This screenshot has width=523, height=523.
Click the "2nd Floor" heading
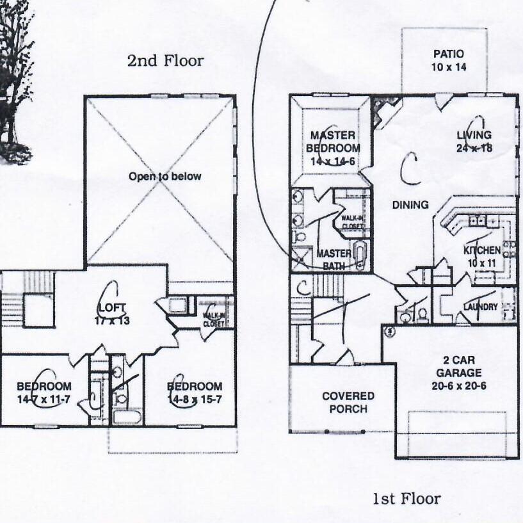tap(165, 61)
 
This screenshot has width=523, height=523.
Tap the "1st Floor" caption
tap(406, 499)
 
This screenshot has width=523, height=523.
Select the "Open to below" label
tap(165, 177)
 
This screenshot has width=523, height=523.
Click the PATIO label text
tap(448, 54)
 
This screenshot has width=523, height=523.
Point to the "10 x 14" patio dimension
tap(448, 67)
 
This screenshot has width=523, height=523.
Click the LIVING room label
tap(474, 135)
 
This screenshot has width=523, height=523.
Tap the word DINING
tap(410, 205)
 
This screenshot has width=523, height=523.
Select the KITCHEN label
tap(481, 250)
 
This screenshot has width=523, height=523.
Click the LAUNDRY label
tap(480, 307)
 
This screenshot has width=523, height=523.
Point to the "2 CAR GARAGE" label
tap(455, 367)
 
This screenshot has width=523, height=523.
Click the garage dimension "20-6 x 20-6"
tap(455, 385)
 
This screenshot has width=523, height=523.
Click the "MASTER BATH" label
tap(334, 260)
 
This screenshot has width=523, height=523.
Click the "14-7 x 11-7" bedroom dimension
tap(44, 398)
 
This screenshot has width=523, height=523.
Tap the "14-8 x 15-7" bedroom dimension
tap(195, 398)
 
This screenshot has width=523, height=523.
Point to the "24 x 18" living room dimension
tap(474, 148)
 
